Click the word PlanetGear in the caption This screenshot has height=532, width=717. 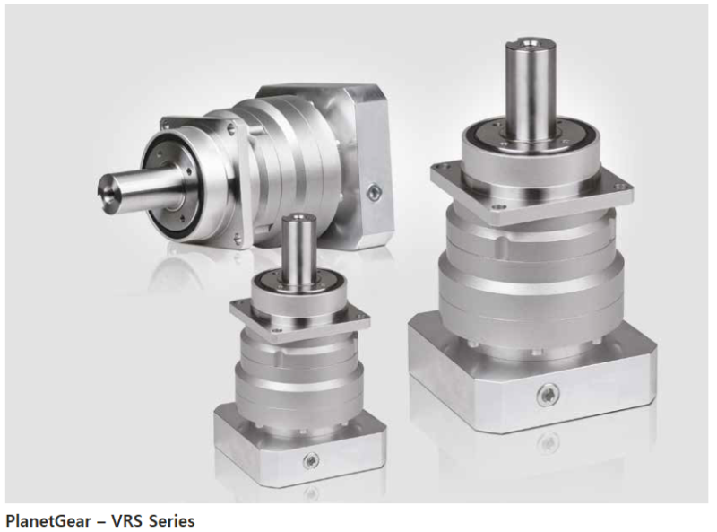coord(48,521)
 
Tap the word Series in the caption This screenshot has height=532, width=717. coord(171,520)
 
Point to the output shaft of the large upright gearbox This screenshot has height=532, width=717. coord(531,91)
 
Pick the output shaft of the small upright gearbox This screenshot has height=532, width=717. coord(299,250)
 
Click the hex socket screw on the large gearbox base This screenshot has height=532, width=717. coord(547,394)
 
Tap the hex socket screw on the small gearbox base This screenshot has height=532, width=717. coord(311,460)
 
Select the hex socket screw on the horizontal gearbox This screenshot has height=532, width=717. coord(374,192)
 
